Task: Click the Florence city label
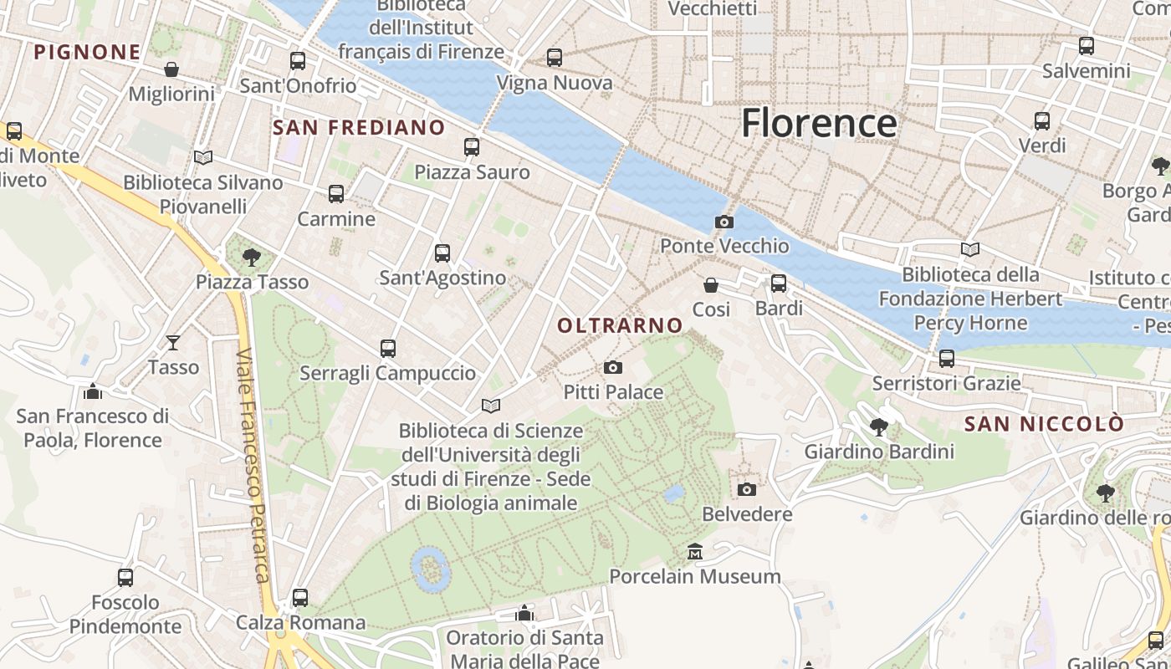819,123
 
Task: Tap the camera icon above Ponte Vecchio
724,222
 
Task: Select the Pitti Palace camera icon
613,368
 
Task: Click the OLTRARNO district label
620,325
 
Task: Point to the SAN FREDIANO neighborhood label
359,127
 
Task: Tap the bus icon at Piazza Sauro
472,147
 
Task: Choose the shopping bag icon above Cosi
711,285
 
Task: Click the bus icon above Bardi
779,283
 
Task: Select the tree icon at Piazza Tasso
251,257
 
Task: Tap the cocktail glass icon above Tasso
173,342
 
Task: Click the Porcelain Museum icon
695,552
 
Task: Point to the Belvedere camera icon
747,489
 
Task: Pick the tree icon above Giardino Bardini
879,427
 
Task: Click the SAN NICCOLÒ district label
1044,424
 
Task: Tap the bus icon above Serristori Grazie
947,359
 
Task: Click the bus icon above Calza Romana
300,598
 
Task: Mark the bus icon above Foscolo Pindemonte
125,577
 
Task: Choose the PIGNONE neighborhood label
87,52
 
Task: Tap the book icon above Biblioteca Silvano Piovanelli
203,157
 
